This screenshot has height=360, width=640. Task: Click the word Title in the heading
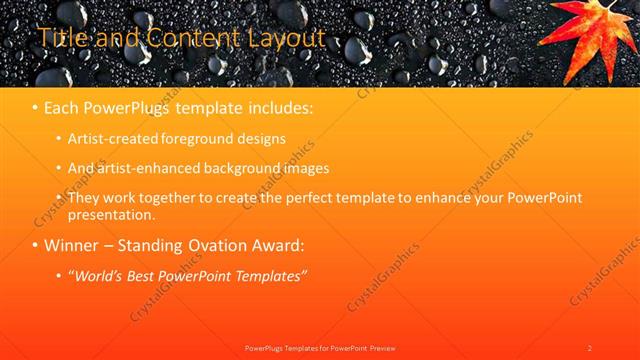pos(61,38)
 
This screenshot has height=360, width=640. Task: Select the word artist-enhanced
pos(146,168)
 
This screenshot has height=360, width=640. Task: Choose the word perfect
pos(316,198)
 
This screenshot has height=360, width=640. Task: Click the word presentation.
pos(112,214)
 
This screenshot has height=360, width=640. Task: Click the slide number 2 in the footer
pos(589,347)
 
